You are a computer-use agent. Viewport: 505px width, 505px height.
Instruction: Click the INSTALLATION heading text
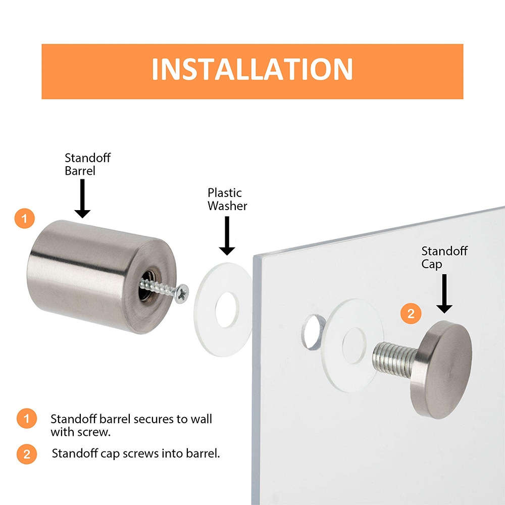pos(252,69)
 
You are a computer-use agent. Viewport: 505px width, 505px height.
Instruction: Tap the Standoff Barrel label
pos(87,164)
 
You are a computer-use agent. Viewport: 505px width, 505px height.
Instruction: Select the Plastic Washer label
pos(227,199)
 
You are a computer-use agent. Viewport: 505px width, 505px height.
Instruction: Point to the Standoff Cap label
pos(444,258)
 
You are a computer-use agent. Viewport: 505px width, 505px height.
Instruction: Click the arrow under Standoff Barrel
pos(82,198)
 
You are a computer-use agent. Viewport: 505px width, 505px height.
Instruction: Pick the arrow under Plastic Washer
pos(227,236)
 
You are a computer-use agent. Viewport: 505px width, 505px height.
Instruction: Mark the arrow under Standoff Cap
pos(444,293)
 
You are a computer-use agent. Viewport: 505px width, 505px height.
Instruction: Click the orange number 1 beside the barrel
pos(24,219)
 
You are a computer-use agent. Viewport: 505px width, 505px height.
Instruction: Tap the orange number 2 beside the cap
pos(411,314)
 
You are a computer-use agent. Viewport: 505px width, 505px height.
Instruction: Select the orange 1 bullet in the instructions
pos(27,418)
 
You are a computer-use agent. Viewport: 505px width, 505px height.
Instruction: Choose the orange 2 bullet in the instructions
pos(27,454)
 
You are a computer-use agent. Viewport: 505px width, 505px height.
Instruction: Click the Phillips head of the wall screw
pos(182,294)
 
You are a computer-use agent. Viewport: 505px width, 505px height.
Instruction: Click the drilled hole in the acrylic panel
pos(314,332)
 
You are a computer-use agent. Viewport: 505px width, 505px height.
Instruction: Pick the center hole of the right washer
pos(355,346)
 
